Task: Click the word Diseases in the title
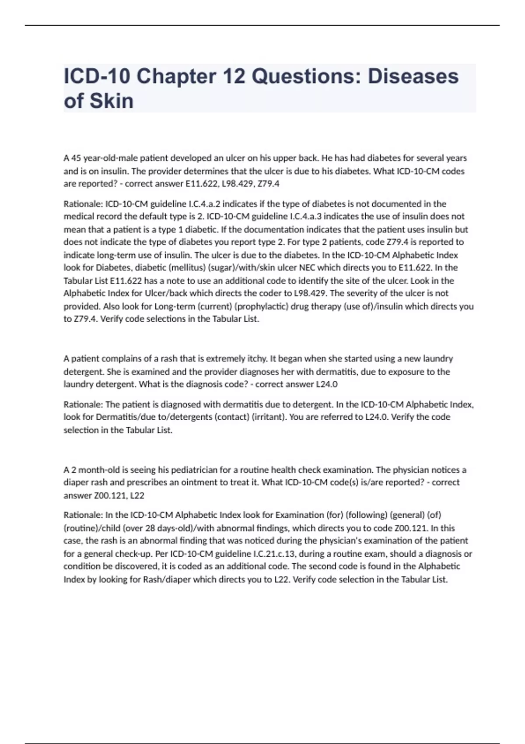coord(413,76)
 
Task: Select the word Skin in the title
coord(112,101)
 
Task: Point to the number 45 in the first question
coord(76,158)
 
